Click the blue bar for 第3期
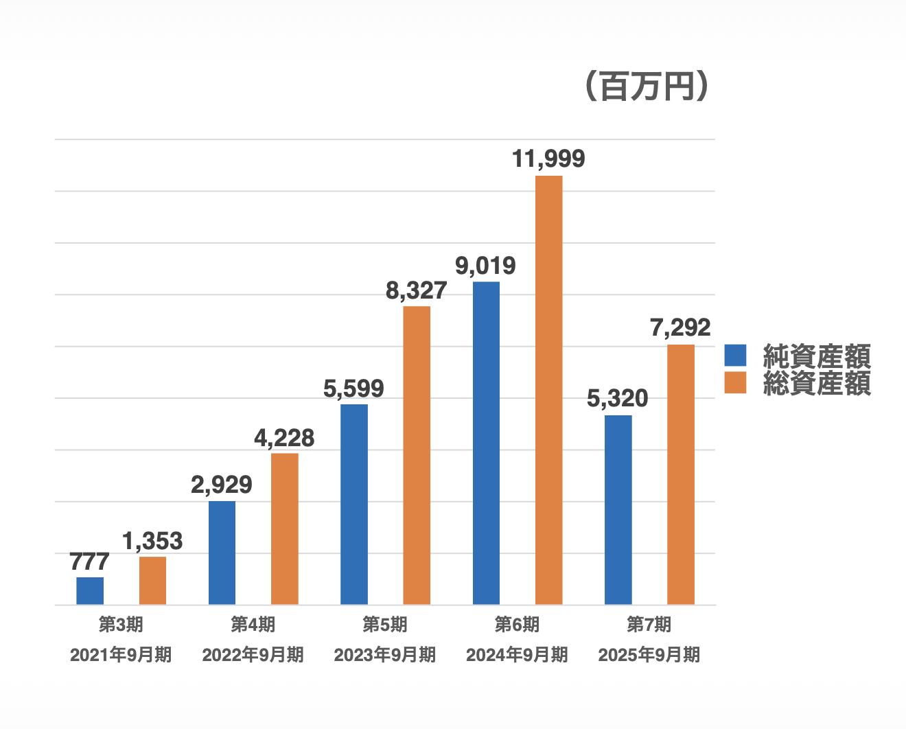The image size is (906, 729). [90, 591]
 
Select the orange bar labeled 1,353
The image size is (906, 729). [152, 581]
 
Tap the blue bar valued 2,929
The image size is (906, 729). [222, 553]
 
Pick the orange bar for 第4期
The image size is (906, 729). [284, 529]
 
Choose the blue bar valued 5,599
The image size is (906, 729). [354, 505]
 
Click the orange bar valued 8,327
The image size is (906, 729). [417, 455]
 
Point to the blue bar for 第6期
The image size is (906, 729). [486, 443]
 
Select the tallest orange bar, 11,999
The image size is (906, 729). [548, 390]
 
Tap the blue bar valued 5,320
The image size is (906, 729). [618, 510]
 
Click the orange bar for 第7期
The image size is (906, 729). [681, 474]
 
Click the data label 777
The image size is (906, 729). [89, 562]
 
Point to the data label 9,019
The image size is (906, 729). [485, 266]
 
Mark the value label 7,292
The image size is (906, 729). [680, 327]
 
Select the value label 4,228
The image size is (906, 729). [284, 437]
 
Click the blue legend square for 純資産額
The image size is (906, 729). [735, 356]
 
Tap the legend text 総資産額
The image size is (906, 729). [817, 383]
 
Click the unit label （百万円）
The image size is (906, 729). [647, 86]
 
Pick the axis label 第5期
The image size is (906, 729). [384, 625]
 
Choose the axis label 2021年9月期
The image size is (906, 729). [121, 655]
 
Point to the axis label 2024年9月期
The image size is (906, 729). [517, 655]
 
